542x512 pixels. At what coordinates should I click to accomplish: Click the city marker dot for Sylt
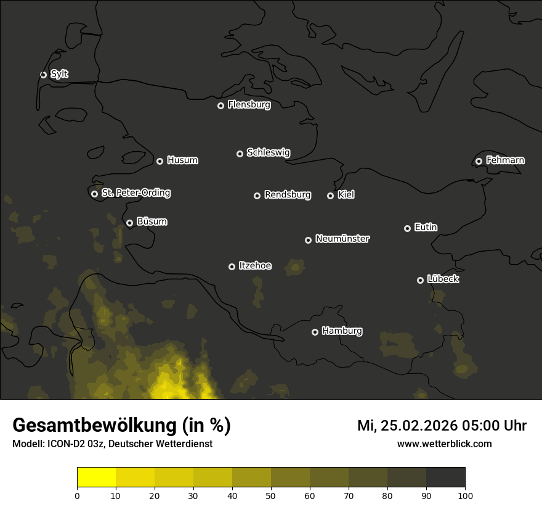[x=43, y=75]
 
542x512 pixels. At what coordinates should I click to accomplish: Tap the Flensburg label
[x=249, y=105]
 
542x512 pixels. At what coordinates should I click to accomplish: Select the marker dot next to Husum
[x=160, y=161]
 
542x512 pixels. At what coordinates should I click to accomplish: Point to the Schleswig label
[x=268, y=152]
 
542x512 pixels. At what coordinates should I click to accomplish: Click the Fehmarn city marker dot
[x=479, y=161]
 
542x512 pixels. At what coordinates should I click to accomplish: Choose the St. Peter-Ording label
[x=135, y=193]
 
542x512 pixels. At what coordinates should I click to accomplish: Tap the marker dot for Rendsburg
[x=257, y=196]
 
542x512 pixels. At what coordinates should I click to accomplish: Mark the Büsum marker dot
[x=129, y=223]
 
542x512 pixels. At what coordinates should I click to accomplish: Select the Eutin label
[x=426, y=228]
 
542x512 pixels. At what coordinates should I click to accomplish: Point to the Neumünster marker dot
[x=308, y=240]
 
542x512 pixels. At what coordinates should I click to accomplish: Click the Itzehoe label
[x=255, y=266]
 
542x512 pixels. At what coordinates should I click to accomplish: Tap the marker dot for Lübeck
[x=420, y=280]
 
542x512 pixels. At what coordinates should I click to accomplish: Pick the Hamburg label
[x=342, y=331]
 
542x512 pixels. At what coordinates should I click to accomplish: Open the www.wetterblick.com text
[x=444, y=444]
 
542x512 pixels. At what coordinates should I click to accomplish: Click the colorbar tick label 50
[x=271, y=495]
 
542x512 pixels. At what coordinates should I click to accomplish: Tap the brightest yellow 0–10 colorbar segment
[x=96, y=477]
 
